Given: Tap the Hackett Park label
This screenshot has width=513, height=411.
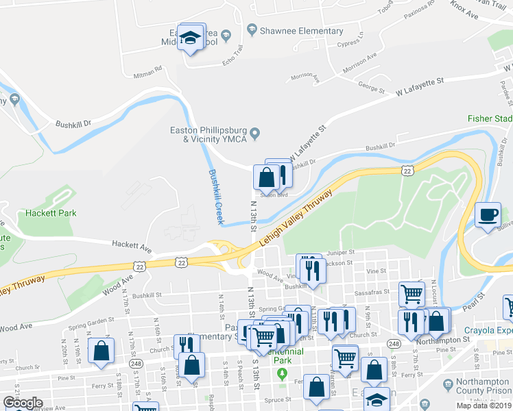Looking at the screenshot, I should pyautogui.click(x=51, y=213).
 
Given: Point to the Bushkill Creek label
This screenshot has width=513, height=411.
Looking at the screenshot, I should pyautogui.click(x=216, y=197).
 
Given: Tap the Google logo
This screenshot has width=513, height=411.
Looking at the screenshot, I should pyautogui.click(x=22, y=403).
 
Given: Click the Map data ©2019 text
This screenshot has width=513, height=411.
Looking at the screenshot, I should pyautogui.click(x=484, y=406).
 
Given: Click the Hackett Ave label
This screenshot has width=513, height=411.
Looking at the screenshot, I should pyautogui.click(x=132, y=245).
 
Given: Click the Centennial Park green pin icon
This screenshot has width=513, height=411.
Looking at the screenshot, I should pyautogui.click(x=281, y=373).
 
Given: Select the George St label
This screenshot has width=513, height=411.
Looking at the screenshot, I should pyautogui.click(x=371, y=86).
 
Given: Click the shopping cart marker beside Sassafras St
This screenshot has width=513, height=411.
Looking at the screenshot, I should pyautogui.click(x=411, y=294).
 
